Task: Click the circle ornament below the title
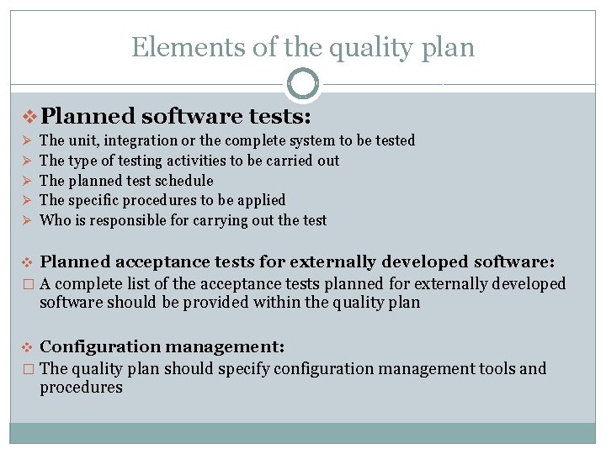[x=303, y=84]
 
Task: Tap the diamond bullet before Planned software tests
[x=28, y=114]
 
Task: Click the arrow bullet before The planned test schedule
[x=27, y=181]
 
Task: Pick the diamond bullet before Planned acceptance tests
[x=28, y=261]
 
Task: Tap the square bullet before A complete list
[x=28, y=284]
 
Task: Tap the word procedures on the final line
[x=81, y=388]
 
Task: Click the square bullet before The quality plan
[x=28, y=369]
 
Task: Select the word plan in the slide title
[x=449, y=47]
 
